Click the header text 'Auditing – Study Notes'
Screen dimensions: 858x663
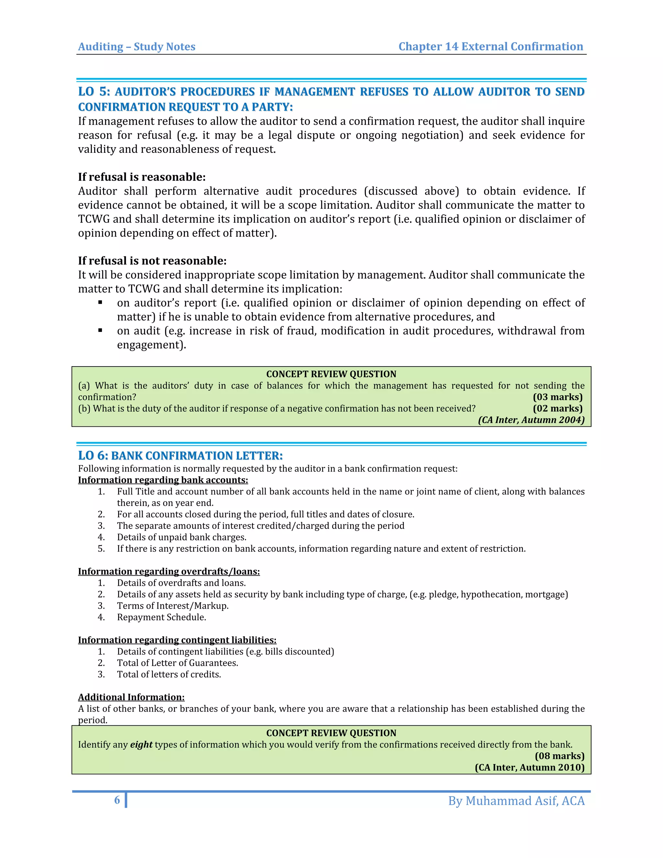point(137,47)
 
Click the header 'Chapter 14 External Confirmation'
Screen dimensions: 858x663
point(490,46)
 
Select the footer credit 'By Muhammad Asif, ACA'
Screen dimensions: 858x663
point(516,801)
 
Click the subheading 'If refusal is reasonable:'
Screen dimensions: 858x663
point(142,177)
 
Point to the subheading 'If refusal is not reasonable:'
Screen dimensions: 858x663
point(152,261)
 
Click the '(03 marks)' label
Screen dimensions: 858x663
point(557,397)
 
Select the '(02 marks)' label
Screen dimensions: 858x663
point(557,409)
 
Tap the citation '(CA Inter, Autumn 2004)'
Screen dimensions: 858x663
point(531,420)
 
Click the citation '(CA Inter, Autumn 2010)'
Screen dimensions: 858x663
point(529,767)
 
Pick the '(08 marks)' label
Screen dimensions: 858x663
point(559,756)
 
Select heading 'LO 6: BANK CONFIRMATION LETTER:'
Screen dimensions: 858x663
point(180,456)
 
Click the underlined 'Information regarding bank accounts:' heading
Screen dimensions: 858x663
point(163,480)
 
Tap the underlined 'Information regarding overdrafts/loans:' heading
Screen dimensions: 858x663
point(169,571)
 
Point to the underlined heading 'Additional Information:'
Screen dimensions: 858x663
point(131,697)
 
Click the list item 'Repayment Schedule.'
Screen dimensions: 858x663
point(162,617)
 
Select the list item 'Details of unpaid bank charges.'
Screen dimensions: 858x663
point(182,537)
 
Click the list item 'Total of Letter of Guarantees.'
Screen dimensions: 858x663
point(177,663)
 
